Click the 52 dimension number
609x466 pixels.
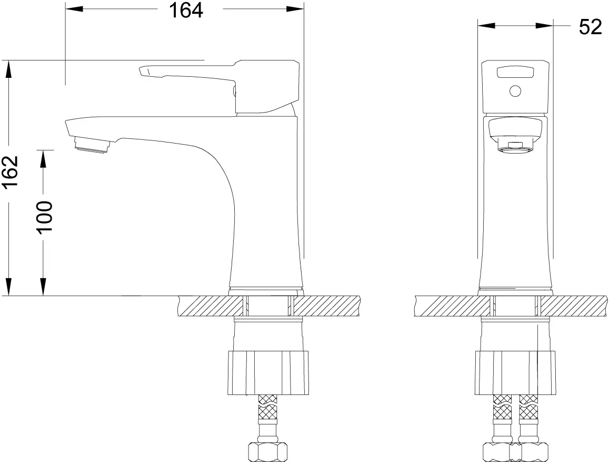pyautogui.click(x=591, y=27)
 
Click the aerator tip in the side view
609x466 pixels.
pyautogui.click(x=92, y=146)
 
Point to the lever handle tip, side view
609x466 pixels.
pyautogui.click(x=144, y=72)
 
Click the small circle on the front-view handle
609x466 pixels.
pyautogui.click(x=515, y=92)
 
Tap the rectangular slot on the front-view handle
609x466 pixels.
pyautogui.click(x=515, y=72)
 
